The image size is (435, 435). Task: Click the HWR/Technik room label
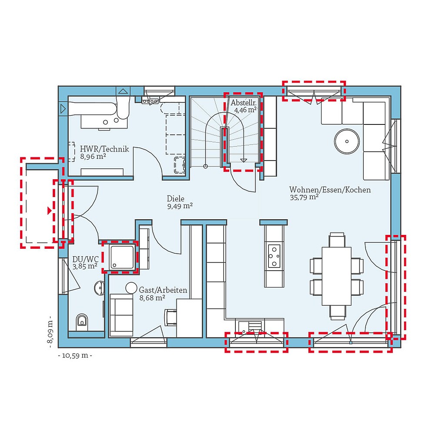[104, 149]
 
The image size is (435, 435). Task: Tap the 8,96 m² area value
[93, 157]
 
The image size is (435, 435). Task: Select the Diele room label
[176, 198]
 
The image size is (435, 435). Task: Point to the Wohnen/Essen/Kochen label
[330, 190]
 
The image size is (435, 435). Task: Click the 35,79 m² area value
[304, 197]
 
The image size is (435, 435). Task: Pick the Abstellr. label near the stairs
[243, 103]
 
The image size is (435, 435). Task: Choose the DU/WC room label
[85, 259]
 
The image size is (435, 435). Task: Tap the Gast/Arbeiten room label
[163, 290]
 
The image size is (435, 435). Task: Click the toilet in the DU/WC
[81, 321]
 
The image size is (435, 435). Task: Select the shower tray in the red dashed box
[120, 257]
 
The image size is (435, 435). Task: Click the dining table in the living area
[336, 276]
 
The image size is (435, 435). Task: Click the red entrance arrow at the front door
[50, 211]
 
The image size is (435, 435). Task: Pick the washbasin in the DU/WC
[99, 288]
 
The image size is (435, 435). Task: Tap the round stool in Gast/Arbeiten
[131, 288]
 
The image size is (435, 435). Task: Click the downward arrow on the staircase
[244, 160]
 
